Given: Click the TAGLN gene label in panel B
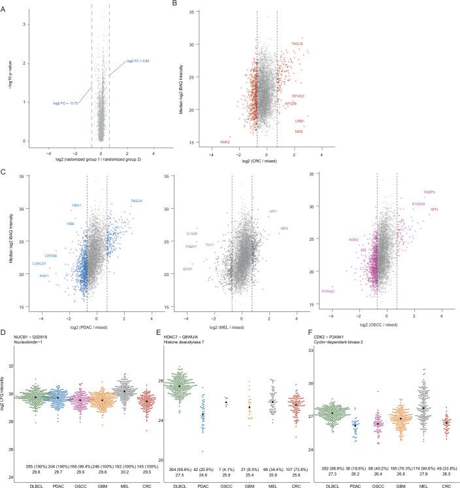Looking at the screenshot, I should [297, 44].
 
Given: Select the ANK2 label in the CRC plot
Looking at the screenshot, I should [225, 142].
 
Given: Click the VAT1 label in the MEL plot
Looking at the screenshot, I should [273, 211].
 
